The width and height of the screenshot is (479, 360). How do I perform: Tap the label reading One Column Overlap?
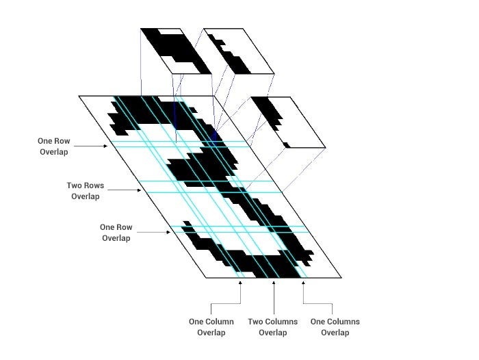click(x=211, y=327)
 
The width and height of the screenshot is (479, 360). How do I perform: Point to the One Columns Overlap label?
click(x=335, y=327)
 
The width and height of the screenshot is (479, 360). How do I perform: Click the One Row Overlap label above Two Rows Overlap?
click(x=53, y=146)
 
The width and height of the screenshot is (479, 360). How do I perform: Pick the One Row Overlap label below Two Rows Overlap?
click(x=116, y=233)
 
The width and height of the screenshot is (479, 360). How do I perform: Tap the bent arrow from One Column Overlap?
click(x=226, y=301)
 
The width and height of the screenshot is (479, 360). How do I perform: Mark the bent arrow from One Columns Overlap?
click(x=318, y=301)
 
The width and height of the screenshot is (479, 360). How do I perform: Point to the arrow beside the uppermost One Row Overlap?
click(x=91, y=145)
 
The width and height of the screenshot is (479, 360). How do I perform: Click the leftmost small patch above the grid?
click(x=175, y=51)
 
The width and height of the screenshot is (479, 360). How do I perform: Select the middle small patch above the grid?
click(x=238, y=51)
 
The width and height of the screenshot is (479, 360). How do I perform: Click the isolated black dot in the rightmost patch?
click(x=287, y=144)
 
